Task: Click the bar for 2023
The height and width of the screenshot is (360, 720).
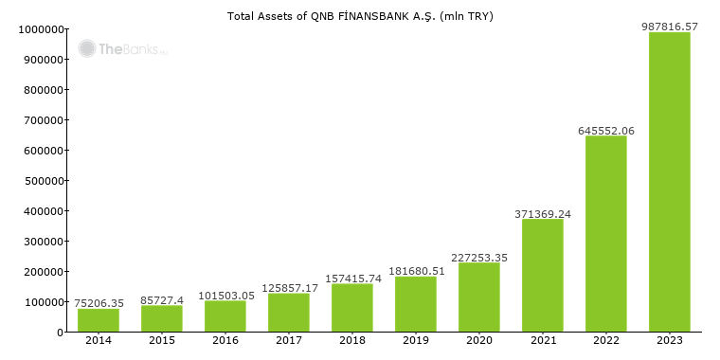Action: (670, 182)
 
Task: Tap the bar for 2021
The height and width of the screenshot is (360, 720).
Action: (543, 276)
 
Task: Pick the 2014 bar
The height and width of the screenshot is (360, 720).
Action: (99, 320)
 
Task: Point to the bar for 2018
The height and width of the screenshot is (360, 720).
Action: (352, 308)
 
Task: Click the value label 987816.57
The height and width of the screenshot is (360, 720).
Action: (670, 27)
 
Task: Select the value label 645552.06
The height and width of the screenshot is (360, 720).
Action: (606, 131)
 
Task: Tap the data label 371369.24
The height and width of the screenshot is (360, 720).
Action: (543, 214)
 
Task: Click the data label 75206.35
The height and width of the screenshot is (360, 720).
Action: (99, 303)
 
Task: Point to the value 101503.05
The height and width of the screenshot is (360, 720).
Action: (226, 296)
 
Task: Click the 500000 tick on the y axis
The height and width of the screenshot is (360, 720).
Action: (42, 181)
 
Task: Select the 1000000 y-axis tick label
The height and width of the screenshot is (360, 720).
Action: (39, 29)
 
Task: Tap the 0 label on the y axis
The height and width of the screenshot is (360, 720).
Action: (59, 333)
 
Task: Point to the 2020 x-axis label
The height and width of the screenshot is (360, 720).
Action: (479, 340)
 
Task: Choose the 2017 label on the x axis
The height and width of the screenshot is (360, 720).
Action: (289, 340)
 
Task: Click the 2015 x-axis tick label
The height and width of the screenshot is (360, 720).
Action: (162, 340)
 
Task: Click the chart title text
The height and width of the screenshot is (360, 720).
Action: (360, 16)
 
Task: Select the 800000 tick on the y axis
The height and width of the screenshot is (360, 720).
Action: (42, 90)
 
